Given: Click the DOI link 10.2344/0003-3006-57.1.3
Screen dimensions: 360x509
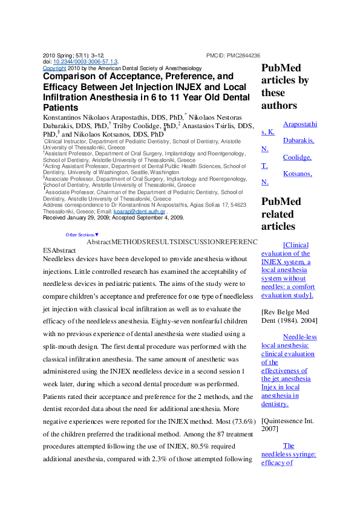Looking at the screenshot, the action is pos(85,62).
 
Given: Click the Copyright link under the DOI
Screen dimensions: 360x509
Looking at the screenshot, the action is pos(54,69).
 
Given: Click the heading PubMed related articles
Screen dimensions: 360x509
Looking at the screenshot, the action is pos(281,214).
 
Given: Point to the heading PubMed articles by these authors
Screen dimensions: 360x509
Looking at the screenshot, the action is pos(285,86).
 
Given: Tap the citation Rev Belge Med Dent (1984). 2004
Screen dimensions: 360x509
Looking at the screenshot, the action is pos(289,320).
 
